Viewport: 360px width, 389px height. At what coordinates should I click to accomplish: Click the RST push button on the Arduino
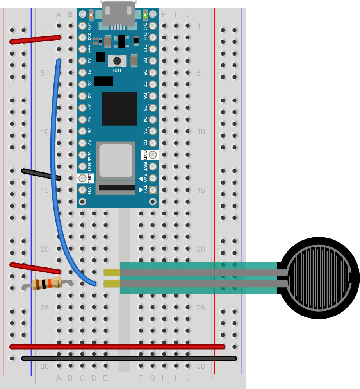(x=117, y=61)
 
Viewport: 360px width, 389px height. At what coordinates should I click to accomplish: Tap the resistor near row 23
(x=46, y=283)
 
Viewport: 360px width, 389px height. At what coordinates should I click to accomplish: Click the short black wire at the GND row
(x=41, y=174)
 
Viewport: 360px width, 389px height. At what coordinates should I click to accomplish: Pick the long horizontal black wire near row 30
(x=129, y=358)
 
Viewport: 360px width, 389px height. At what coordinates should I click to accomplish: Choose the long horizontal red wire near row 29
(x=117, y=346)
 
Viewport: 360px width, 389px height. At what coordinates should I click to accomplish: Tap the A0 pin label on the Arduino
(x=89, y=61)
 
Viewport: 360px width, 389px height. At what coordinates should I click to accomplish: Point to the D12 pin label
(x=145, y=26)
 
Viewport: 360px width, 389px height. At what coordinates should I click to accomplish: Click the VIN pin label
(x=89, y=190)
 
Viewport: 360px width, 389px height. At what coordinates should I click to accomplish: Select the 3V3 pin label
(x=89, y=38)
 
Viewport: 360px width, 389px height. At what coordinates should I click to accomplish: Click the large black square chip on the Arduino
(x=119, y=109)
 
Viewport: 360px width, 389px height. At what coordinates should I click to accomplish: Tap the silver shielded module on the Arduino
(x=116, y=160)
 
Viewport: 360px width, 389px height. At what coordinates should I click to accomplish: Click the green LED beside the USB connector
(x=145, y=15)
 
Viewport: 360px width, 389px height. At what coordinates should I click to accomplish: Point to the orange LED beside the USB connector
(x=91, y=15)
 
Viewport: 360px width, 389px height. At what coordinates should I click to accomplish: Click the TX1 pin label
(x=145, y=190)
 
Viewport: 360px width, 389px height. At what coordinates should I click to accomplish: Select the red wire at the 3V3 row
(x=35, y=39)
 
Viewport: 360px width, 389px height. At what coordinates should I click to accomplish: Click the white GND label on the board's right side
(x=145, y=155)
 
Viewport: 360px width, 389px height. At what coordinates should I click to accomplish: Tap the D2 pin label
(x=145, y=143)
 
